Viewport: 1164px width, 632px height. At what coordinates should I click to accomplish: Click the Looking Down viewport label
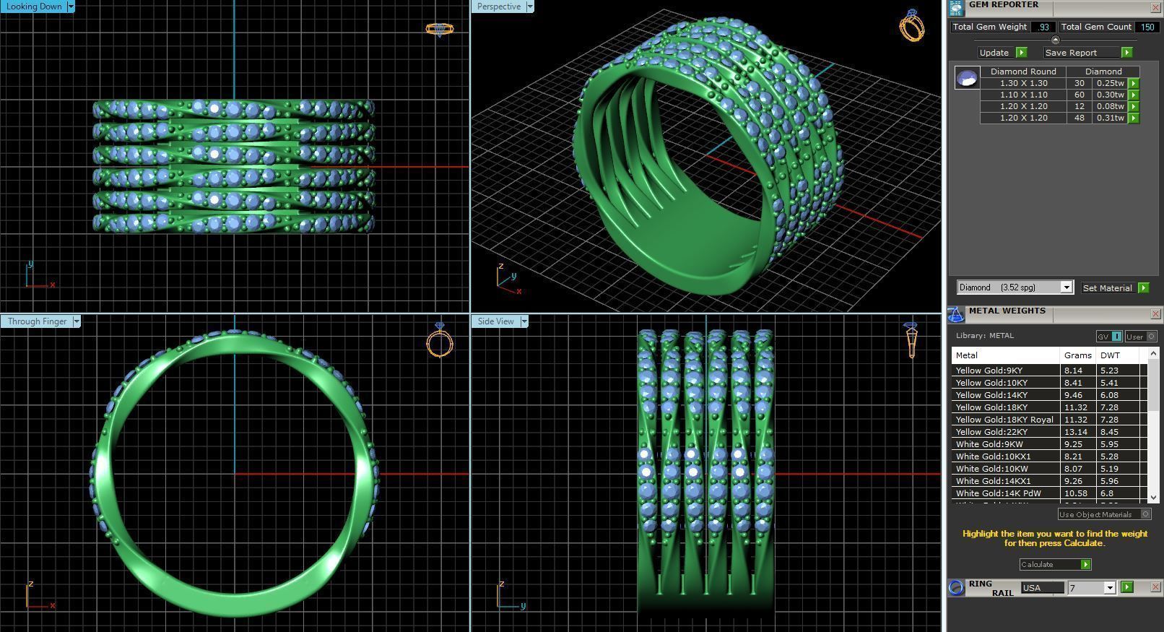(x=34, y=7)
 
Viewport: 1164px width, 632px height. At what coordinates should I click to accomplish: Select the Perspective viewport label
(x=498, y=7)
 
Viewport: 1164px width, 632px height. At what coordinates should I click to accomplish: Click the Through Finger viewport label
(x=37, y=321)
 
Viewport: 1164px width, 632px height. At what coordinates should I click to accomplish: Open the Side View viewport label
(x=495, y=321)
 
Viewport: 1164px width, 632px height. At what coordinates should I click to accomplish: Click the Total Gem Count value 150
(x=1146, y=27)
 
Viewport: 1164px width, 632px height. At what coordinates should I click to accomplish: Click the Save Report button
(x=1071, y=53)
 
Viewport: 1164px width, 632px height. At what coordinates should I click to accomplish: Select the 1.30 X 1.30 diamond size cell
(x=1023, y=83)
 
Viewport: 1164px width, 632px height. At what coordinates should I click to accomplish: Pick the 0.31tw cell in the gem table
(x=1110, y=118)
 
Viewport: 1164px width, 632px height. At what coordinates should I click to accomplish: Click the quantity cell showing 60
(x=1080, y=95)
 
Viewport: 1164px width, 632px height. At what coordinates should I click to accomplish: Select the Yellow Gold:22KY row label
(x=991, y=432)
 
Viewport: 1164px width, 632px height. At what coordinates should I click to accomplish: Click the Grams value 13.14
(x=1075, y=432)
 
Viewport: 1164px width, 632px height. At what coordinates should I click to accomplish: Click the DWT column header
(x=1110, y=355)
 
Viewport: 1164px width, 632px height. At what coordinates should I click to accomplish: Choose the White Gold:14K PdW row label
(x=998, y=493)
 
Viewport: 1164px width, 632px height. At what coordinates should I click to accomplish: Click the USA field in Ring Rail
(x=1041, y=588)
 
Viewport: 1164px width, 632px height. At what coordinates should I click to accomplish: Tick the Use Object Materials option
(x=1145, y=514)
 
